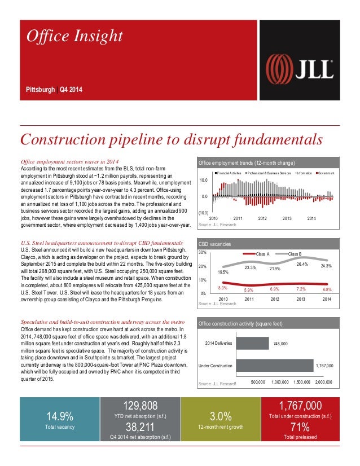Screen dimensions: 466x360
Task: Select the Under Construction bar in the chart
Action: [x=274, y=366]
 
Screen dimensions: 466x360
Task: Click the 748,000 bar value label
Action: [x=280, y=343]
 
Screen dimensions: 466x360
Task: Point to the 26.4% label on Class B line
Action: [x=302, y=264]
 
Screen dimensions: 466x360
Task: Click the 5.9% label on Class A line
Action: [x=248, y=290]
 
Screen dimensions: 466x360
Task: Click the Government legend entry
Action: [x=325, y=172]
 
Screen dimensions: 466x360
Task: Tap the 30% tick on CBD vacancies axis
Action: [x=203, y=253]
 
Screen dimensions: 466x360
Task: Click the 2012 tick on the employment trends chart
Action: [x=262, y=218]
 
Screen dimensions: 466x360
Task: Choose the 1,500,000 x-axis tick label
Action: [x=304, y=382]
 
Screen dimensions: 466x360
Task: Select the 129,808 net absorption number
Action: [x=140, y=406]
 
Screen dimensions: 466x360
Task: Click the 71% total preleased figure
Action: [x=300, y=427]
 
